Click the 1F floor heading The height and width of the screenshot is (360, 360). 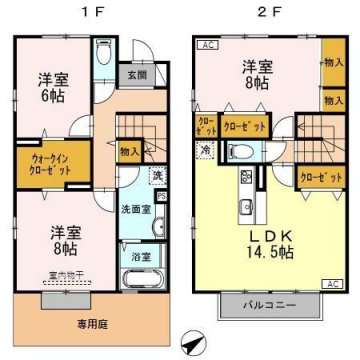85,16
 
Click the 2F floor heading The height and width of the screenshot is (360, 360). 262,16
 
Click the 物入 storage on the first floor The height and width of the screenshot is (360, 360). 129,151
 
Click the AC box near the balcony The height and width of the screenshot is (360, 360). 334,284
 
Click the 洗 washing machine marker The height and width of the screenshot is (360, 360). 157,177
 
